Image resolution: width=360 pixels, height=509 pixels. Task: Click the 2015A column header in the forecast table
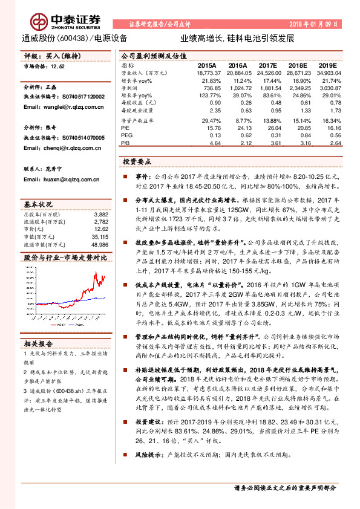207,65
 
